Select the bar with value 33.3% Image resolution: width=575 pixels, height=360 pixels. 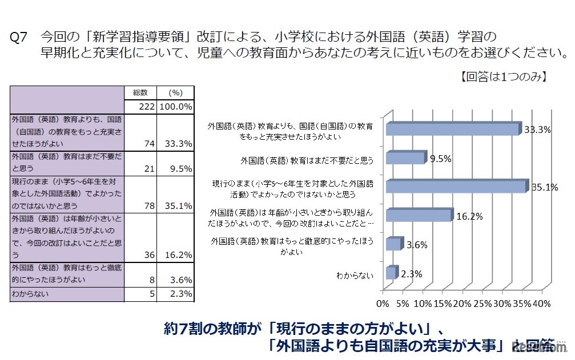(x=453, y=130)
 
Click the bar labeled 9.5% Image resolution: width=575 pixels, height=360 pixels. (x=406, y=158)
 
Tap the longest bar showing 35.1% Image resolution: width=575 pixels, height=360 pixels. (x=456, y=187)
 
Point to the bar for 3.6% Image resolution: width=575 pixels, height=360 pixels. (x=394, y=244)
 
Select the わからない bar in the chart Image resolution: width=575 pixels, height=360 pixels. (x=391, y=273)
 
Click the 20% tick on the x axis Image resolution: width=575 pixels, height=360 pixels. (x=461, y=302)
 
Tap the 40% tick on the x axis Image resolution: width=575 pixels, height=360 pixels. (x=540, y=302)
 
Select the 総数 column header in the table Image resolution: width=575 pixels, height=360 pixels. (x=140, y=92)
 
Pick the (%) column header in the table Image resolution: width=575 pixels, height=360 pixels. (x=175, y=92)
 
